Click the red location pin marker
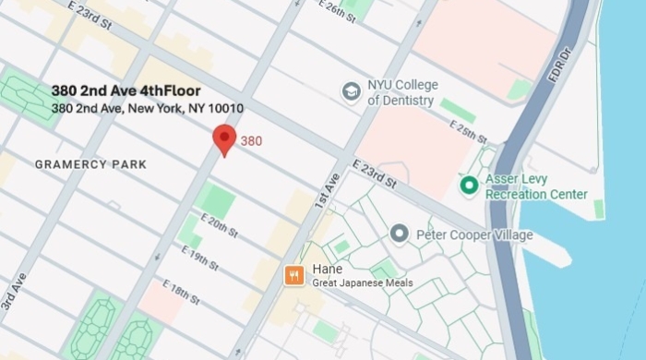(224, 139)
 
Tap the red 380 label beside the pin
(252, 141)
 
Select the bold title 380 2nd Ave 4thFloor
(126, 90)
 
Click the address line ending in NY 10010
(148, 108)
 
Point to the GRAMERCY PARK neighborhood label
(90, 164)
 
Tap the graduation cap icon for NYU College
(351, 91)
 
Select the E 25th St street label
(469, 131)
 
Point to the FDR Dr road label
(556, 66)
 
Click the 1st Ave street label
(327, 191)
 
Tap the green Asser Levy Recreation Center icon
(469, 186)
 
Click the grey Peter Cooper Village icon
(400, 234)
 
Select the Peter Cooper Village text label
(474, 234)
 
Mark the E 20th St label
(220, 226)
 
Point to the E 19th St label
(200, 259)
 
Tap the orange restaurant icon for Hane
(294, 274)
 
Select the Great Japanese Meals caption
(363, 282)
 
